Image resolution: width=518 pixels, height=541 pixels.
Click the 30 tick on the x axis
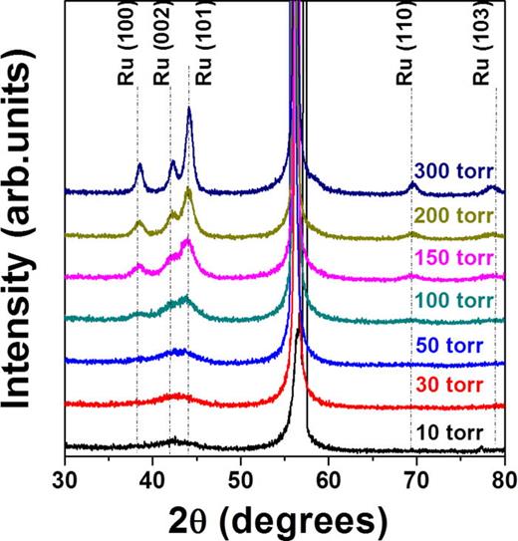tap(65, 476)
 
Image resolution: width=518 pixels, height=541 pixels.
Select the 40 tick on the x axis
tap(152, 476)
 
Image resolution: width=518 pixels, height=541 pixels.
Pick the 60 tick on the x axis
tap(329, 476)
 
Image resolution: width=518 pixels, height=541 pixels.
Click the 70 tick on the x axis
tap(416, 476)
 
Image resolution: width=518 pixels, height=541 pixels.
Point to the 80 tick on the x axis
tap(503, 476)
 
